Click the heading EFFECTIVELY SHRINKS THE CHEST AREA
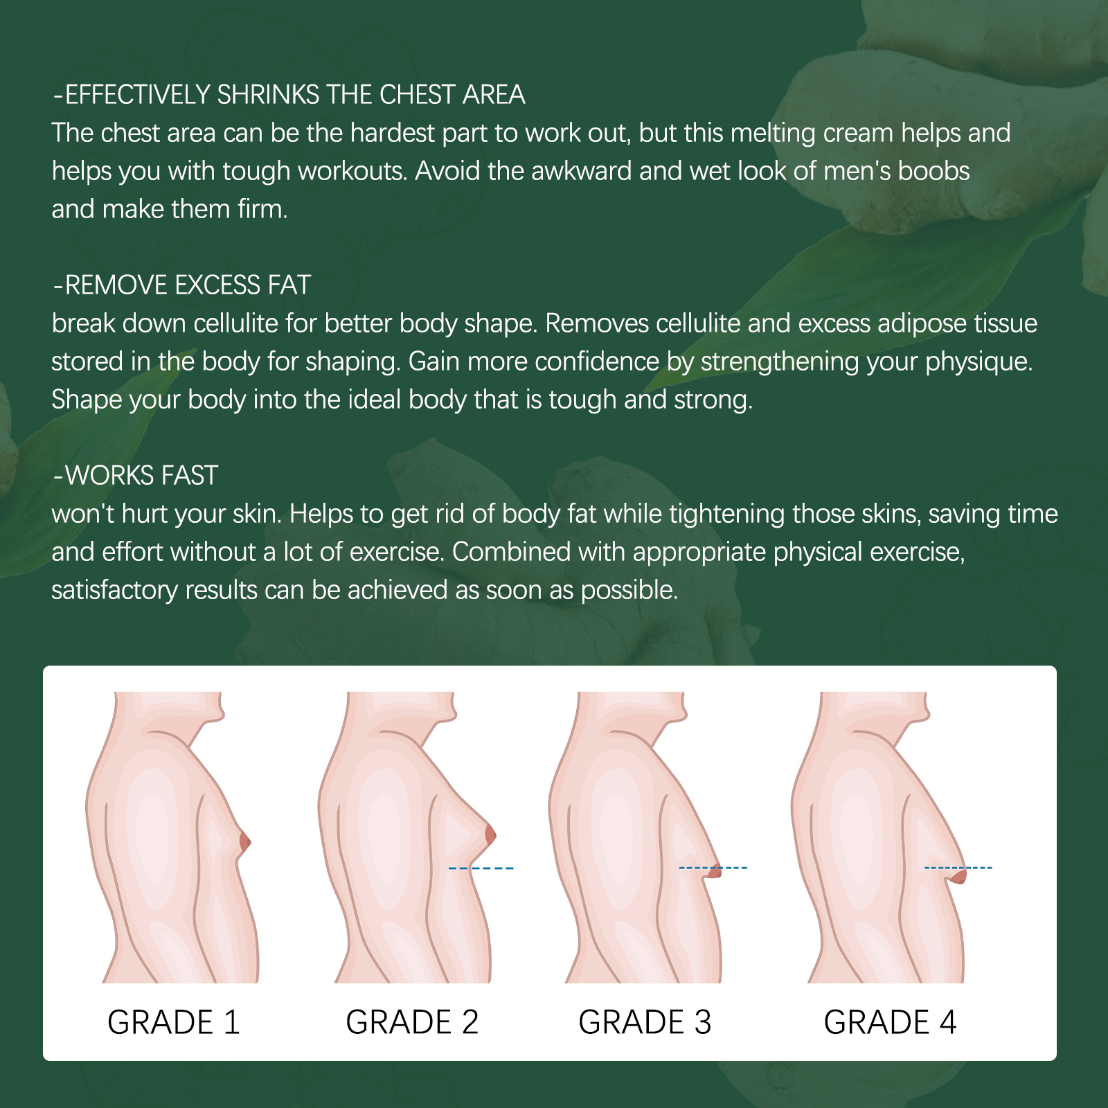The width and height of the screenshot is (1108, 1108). tap(289, 95)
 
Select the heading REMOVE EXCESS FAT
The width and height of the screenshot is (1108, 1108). tap(182, 285)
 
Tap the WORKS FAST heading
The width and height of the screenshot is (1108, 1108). tap(136, 476)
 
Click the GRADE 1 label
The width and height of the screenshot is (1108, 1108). tap(174, 1022)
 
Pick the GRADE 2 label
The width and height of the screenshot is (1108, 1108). tap(412, 1022)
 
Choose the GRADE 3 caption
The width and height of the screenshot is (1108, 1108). tap(645, 1022)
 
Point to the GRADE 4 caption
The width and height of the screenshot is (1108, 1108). tap(890, 1022)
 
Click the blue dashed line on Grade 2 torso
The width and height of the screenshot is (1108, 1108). tap(481, 868)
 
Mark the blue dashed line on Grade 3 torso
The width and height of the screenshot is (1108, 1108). tap(713, 868)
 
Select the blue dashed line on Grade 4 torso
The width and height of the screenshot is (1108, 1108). tap(958, 868)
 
